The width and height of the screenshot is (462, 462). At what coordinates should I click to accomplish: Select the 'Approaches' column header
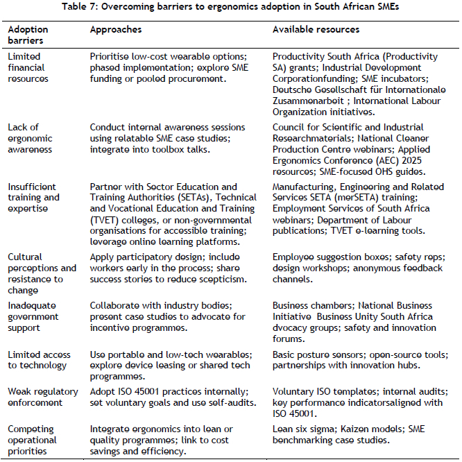[116, 31]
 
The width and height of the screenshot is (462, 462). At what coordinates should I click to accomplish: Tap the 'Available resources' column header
[316, 31]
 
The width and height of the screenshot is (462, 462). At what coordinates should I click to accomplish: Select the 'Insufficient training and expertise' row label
[33, 198]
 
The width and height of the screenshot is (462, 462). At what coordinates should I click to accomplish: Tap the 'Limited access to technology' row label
[37, 360]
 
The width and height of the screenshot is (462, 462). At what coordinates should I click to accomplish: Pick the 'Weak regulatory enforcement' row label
[35, 397]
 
